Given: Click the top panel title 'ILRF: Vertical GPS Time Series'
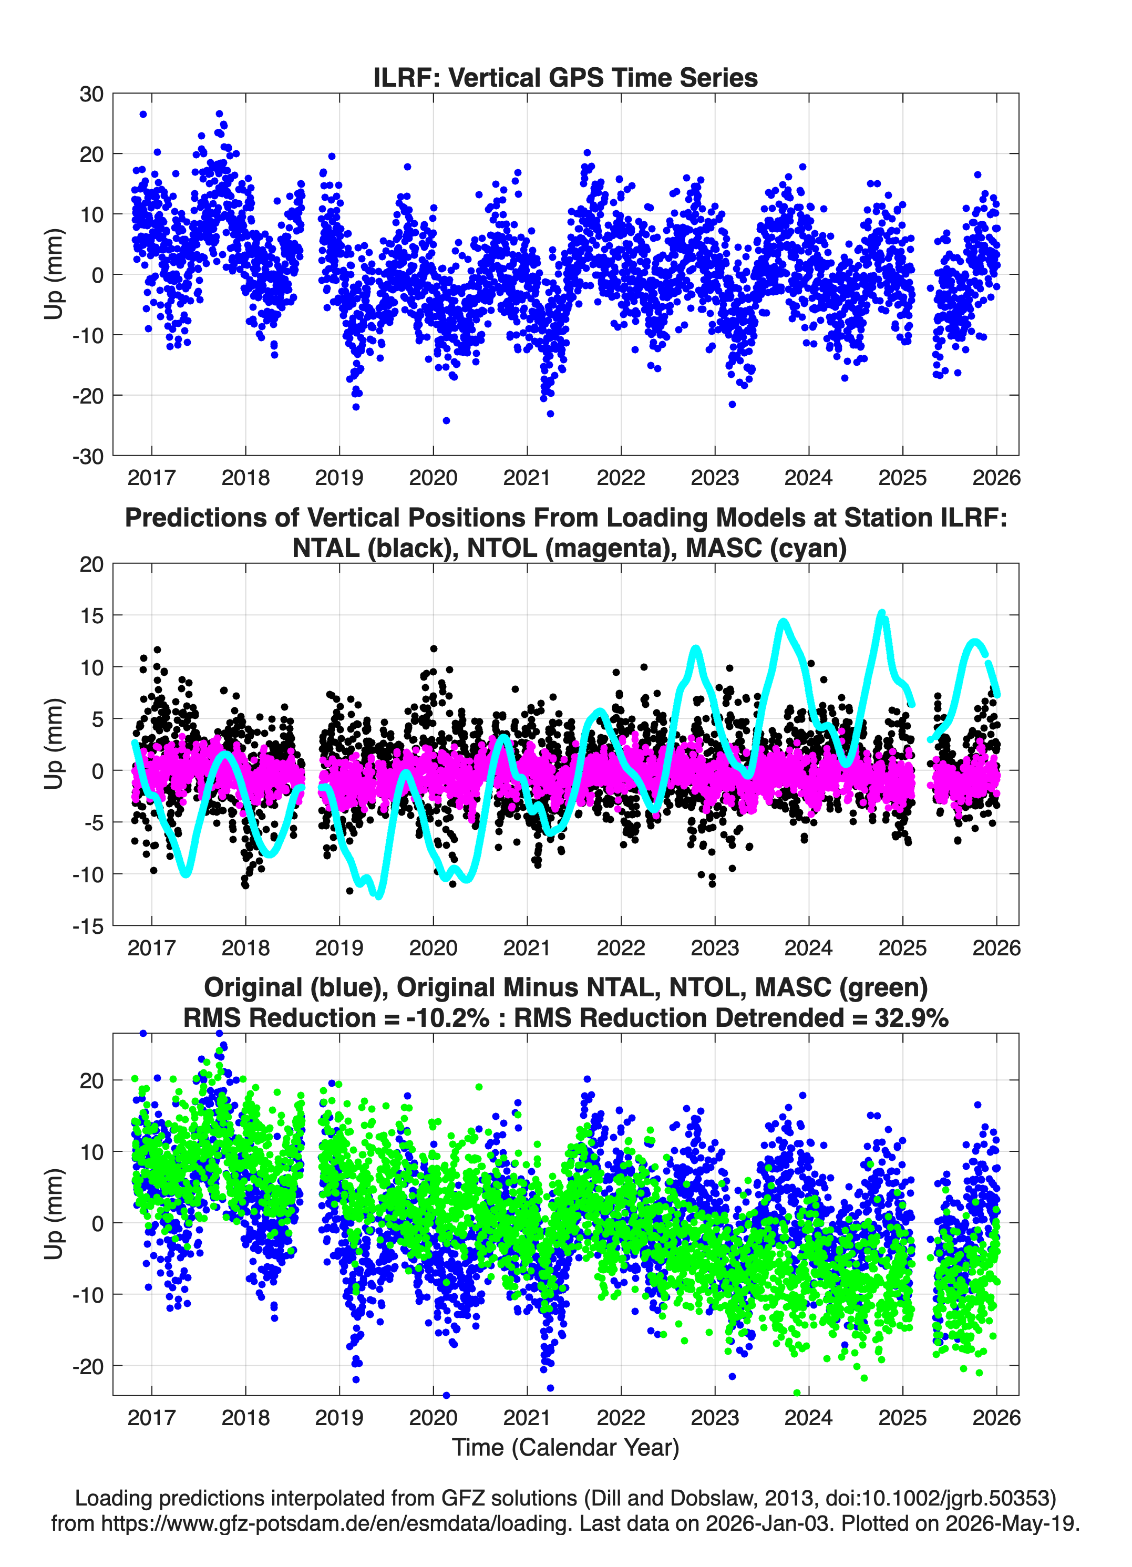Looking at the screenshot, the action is click(x=565, y=77).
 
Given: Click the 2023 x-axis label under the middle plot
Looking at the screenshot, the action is click(x=715, y=947).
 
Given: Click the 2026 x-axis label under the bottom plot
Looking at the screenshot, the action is click(x=996, y=1417).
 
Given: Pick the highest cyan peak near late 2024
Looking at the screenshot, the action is click(x=881, y=613).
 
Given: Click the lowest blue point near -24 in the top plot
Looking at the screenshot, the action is click(x=447, y=420).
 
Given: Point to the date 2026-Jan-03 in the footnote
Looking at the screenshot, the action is click(x=767, y=1523).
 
